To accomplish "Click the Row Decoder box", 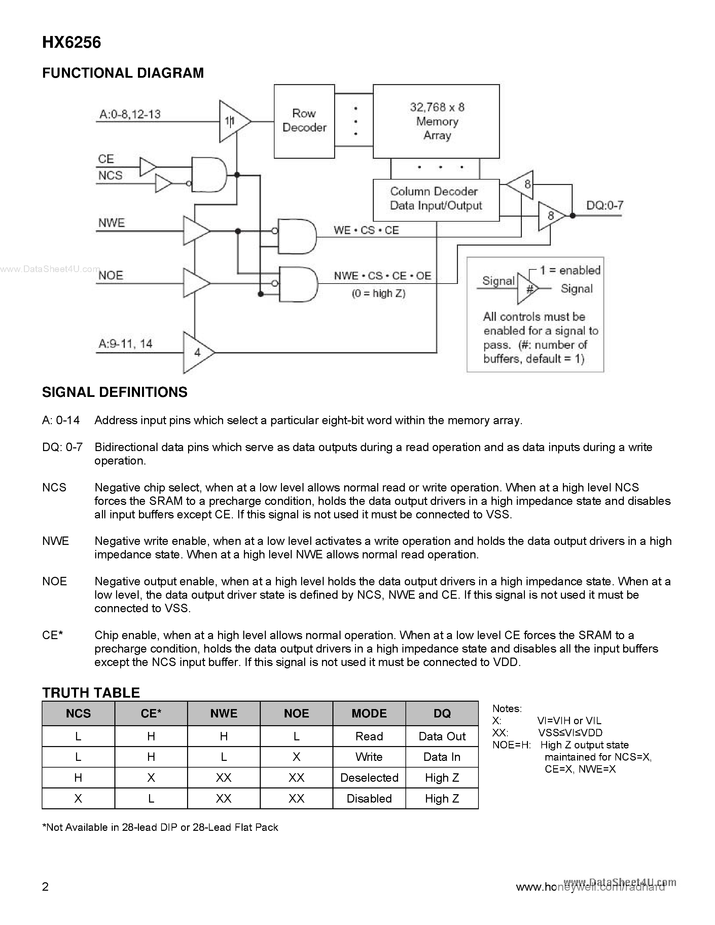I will pos(304,121).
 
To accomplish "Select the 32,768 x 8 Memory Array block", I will pos(436,121).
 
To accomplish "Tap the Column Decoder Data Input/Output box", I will pos(436,199).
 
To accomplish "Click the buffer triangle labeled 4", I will pos(196,353).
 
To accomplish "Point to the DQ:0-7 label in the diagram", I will pos(604,206).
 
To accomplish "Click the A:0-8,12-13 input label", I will pos(130,114).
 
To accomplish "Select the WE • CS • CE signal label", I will pos(366,230).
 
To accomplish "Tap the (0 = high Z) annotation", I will pos(378,293).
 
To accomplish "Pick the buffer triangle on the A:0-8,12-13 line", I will pos(233,121).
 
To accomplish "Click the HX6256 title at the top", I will pos(72,43).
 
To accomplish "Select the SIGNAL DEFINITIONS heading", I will pos(114,392).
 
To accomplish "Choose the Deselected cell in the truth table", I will pos(369,778).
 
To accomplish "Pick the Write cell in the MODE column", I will pos(369,757).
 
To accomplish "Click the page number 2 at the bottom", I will pos(46,886).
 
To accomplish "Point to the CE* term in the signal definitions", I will pos(52,635).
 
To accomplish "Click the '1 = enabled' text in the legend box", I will pos(570,270).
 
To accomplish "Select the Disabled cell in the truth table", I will pos(369,799).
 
